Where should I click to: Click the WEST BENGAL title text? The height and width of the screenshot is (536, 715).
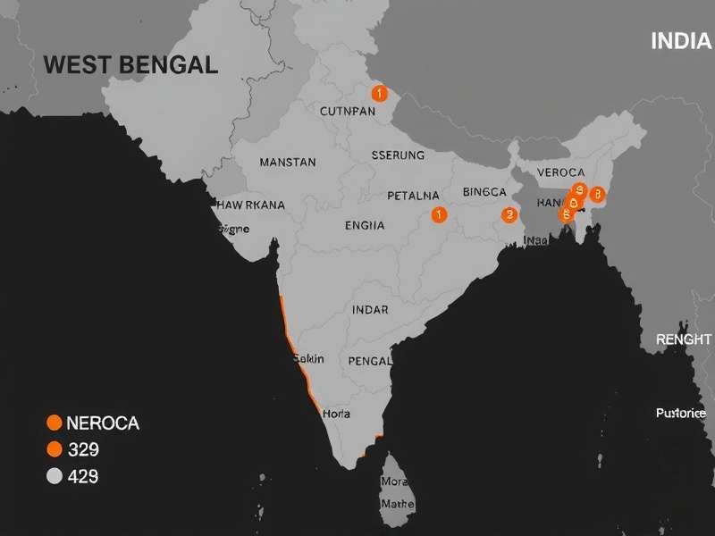(130, 64)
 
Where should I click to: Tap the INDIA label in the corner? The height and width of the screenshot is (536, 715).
(681, 40)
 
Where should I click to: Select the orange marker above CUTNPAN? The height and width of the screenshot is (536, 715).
(379, 93)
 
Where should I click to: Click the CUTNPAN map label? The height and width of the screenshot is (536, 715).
(348, 112)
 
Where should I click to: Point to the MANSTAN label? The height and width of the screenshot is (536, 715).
(287, 163)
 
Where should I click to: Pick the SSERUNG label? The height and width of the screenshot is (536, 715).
(398, 155)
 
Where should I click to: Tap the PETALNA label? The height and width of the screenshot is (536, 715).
(413, 195)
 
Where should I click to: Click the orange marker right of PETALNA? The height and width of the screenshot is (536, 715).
(438, 214)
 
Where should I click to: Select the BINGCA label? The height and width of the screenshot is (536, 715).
(485, 192)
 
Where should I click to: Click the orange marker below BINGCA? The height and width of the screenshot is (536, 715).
(509, 214)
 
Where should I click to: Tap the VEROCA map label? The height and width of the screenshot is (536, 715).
(560, 172)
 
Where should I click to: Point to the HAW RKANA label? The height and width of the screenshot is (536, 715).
(250, 205)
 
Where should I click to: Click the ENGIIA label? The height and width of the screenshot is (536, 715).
(365, 225)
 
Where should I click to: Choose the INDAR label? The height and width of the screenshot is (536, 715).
(370, 310)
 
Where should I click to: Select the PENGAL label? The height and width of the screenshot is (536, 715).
(368, 361)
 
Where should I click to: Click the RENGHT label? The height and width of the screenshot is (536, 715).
(683, 339)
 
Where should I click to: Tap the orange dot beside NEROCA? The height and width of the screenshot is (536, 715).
(54, 423)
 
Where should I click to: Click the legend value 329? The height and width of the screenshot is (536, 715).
(83, 449)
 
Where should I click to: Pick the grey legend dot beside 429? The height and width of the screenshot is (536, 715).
(54, 476)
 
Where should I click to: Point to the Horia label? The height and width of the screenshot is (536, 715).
(336, 414)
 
